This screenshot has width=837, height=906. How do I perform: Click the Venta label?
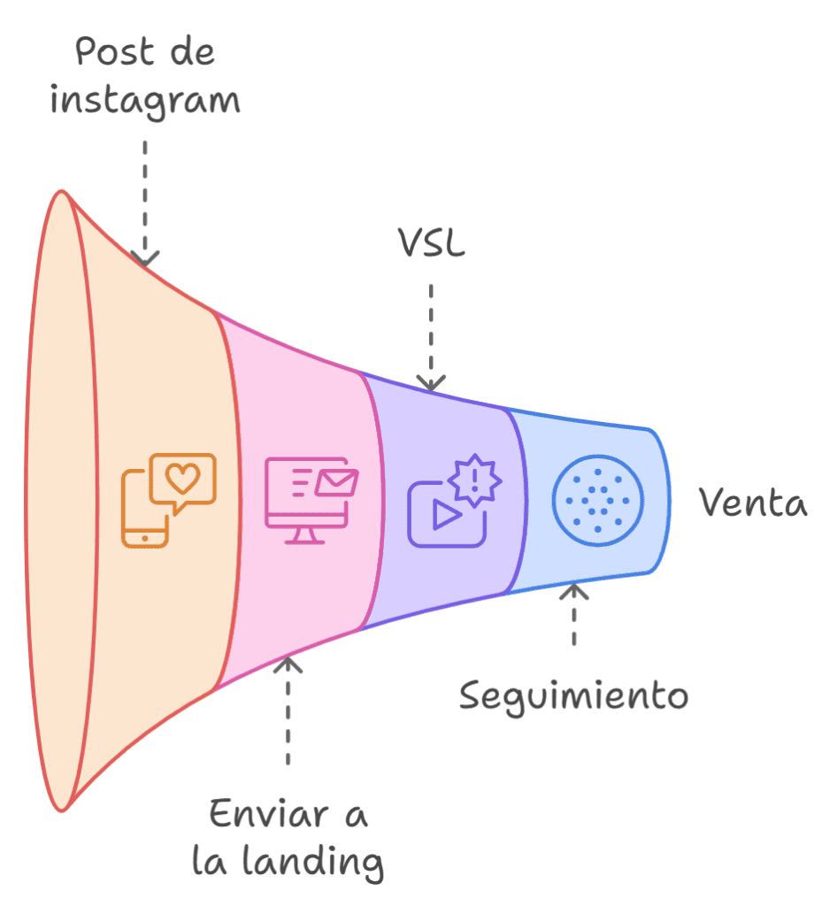(754, 503)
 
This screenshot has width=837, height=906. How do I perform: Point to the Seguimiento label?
(573, 696)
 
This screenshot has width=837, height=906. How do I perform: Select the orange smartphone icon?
(145, 511)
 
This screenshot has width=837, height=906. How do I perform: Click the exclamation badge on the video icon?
(475, 480)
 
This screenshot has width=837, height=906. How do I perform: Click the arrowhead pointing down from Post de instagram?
(145, 258)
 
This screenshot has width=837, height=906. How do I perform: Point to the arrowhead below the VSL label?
(431, 383)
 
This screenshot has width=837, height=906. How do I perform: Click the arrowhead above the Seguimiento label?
(574, 591)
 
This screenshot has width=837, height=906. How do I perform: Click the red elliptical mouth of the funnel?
(60, 500)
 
